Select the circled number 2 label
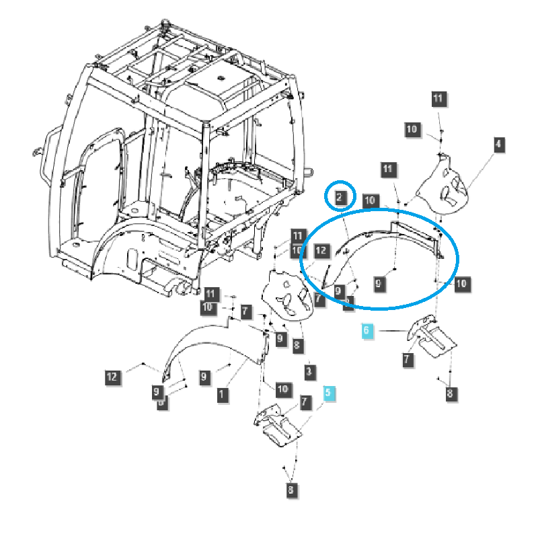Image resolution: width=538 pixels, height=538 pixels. [x=340, y=197]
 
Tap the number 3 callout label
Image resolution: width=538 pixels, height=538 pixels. [x=308, y=371]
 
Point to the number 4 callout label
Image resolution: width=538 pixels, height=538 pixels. [x=498, y=143]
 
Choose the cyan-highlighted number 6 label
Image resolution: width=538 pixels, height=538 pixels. [x=367, y=330]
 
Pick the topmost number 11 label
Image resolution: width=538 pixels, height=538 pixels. [x=438, y=98]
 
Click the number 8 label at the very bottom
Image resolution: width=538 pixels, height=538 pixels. [x=291, y=490]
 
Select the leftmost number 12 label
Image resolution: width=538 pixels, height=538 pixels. [x=112, y=377]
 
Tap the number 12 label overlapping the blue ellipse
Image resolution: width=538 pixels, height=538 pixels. [x=320, y=251]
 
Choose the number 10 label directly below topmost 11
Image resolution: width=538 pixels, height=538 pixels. [x=412, y=128]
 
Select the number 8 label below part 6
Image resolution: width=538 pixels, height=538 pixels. [x=449, y=393]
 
